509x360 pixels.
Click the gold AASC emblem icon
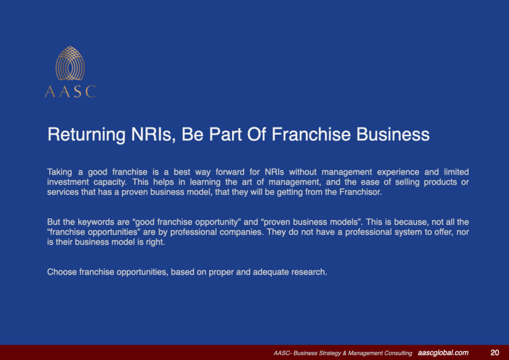(70, 64)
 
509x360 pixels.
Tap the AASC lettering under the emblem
(70, 91)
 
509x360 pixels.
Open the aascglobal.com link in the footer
(443, 353)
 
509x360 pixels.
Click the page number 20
(495, 353)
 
